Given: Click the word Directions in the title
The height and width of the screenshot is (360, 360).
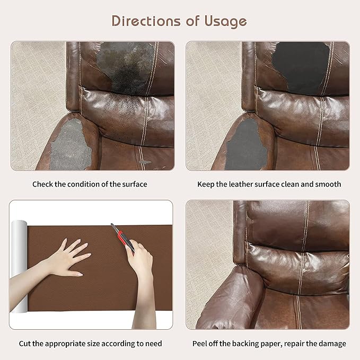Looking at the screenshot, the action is (x=146, y=21).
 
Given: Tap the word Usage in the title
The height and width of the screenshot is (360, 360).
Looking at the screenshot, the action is (x=225, y=22).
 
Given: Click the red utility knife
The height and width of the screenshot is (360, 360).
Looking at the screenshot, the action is (x=122, y=238).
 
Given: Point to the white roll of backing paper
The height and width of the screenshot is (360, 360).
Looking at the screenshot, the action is (x=19, y=266).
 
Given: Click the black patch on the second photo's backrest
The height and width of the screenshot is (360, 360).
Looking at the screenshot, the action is (x=301, y=67).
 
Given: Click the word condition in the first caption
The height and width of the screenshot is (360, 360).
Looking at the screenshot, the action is (x=84, y=185).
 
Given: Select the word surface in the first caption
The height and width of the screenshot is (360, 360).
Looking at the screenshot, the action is (x=135, y=185).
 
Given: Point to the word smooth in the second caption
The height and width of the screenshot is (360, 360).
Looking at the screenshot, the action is (x=328, y=185).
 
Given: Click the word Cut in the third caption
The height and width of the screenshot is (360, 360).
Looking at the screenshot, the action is (x=25, y=344).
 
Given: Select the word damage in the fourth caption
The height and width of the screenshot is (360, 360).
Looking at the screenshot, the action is (x=332, y=344).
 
